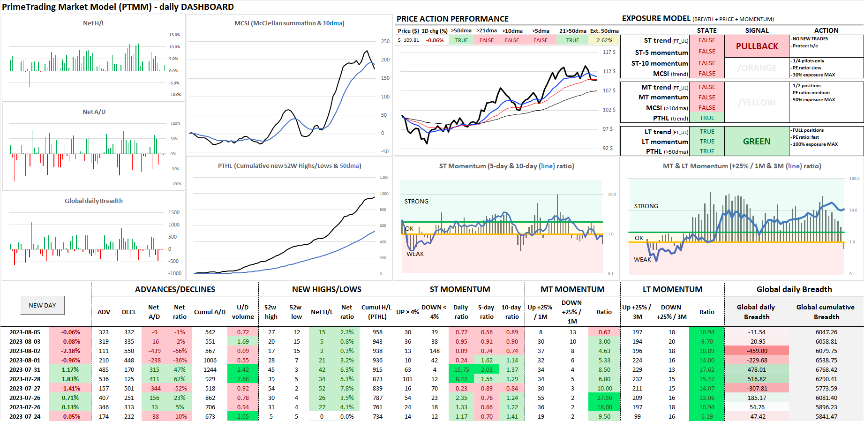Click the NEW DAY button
pyautogui.click(x=42, y=305)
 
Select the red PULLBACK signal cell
pyautogui.click(x=757, y=46)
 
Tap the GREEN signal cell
pyautogui.click(x=756, y=141)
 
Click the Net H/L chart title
pyautogui.click(x=94, y=23)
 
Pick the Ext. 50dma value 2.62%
pyautogui.click(x=604, y=40)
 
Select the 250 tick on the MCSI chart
pyautogui.click(x=385, y=41)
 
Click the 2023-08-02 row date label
pyautogui.click(x=25, y=351)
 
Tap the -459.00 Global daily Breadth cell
pyautogui.click(x=757, y=351)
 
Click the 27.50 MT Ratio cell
pyautogui.click(x=604, y=398)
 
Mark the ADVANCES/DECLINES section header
pyautogui.click(x=175, y=289)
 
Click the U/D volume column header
pyautogui.click(x=242, y=312)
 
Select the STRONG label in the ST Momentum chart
pyautogui.click(x=416, y=201)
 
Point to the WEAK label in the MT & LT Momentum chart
pyautogui.click(x=642, y=259)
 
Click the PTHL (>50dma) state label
pyautogui.click(x=667, y=151)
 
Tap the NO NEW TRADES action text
pyautogui.click(x=810, y=39)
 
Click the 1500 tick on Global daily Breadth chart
pyautogui.click(x=174, y=212)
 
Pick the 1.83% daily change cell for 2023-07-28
pyautogui.click(x=70, y=379)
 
